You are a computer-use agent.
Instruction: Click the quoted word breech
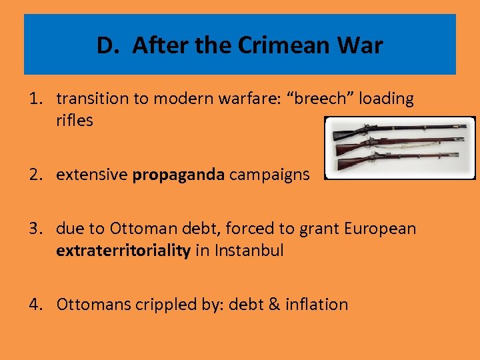click(323, 99)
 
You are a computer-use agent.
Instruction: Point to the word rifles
click(75, 121)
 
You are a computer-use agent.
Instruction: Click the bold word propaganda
click(178, 175)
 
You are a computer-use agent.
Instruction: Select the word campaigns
click(269, 175)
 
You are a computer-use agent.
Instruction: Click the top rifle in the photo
click(400, 128)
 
